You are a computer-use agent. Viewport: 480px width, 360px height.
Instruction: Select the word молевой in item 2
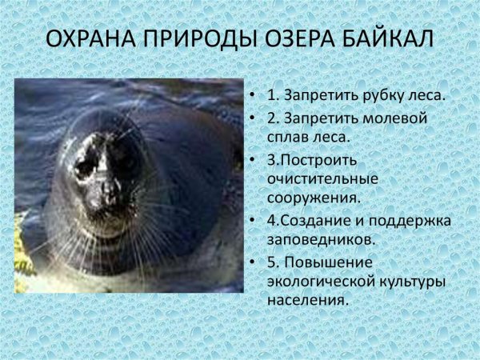(x=383, y=118)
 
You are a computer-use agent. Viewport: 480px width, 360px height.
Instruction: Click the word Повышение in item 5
(x=328, y=262)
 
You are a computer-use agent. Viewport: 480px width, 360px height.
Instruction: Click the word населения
(x=308, y=302)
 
